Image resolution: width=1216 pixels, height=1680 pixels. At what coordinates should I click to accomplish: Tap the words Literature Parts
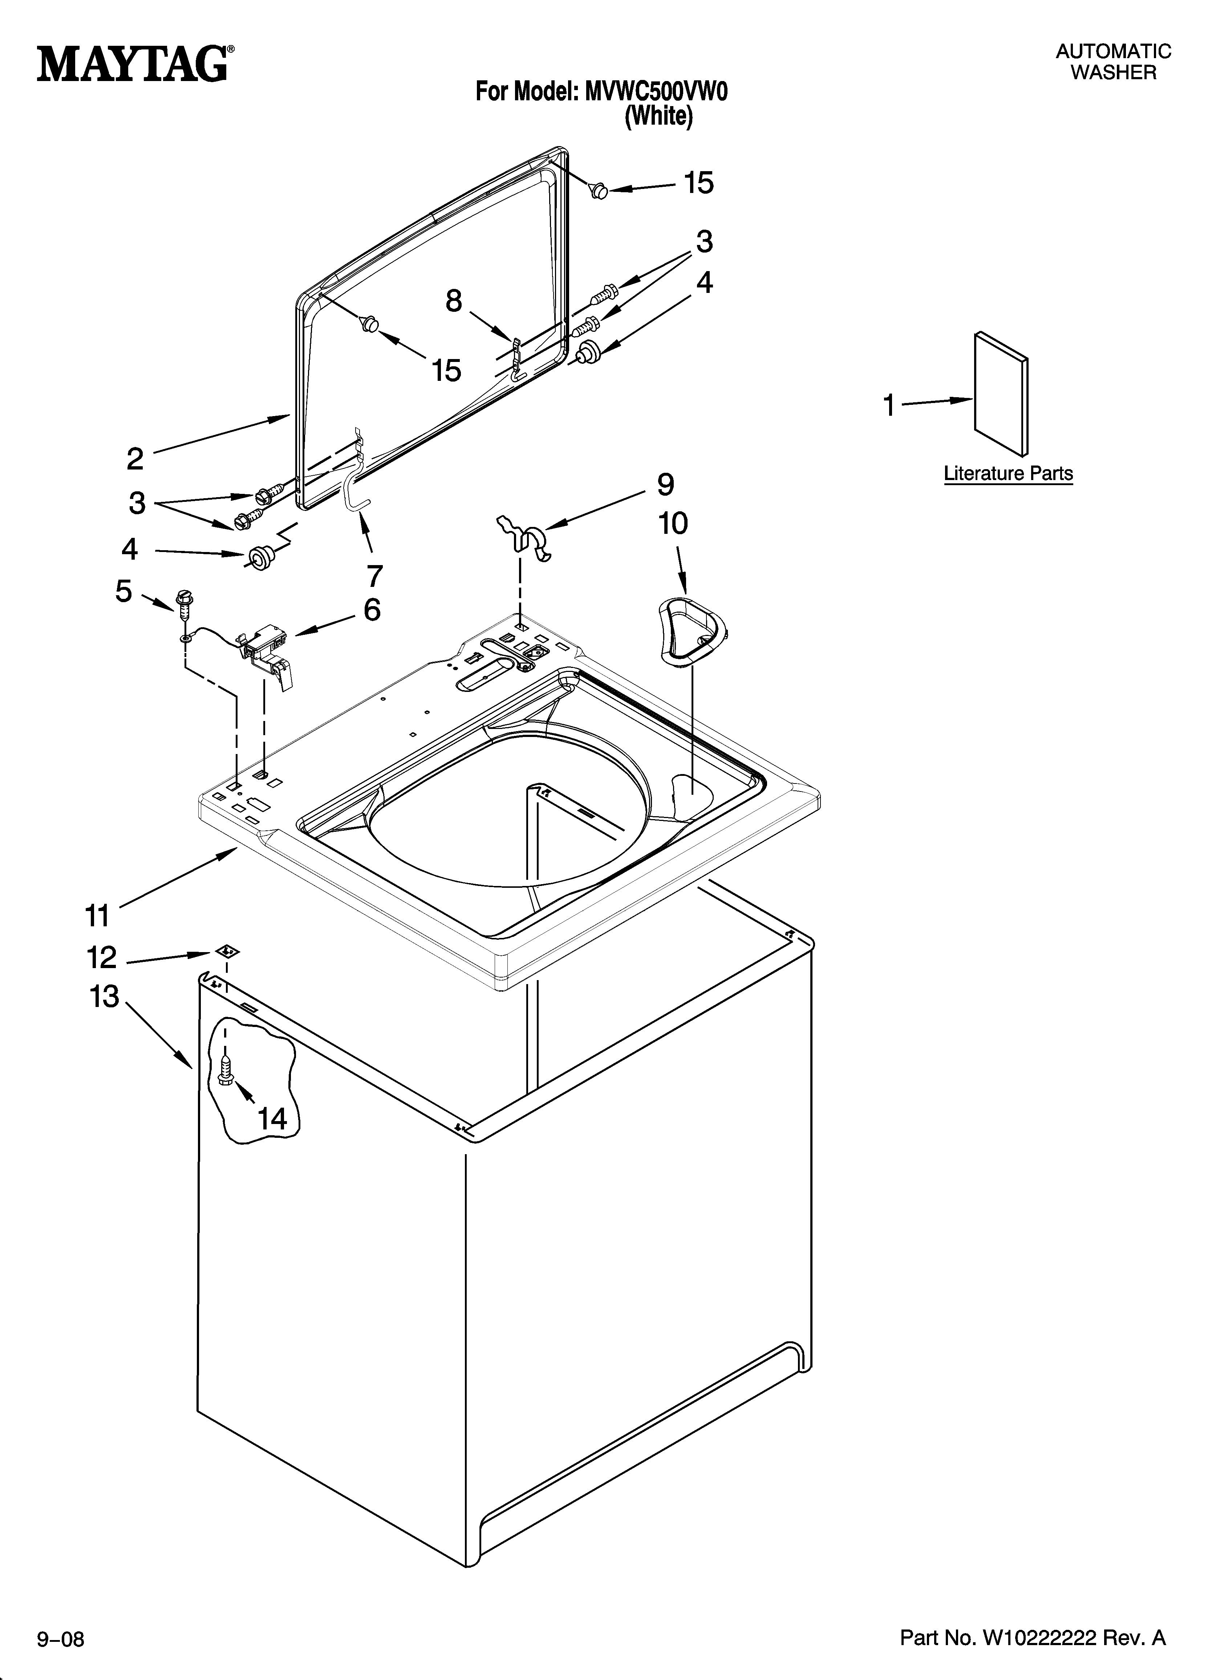[x=1008, y=474]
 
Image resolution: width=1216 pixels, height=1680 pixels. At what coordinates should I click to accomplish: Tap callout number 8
[x=453, y=301]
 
